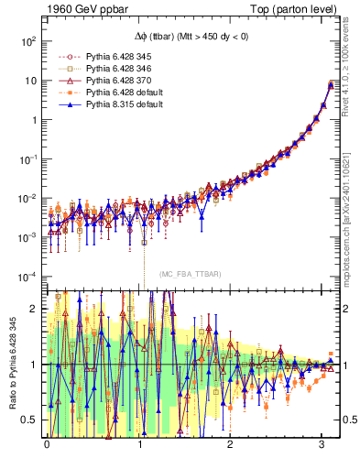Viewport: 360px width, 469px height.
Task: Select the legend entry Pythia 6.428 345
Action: (105, 57)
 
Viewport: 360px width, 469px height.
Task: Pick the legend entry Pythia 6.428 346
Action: (105, 69)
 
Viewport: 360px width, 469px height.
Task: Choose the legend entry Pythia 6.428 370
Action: (105, 81)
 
